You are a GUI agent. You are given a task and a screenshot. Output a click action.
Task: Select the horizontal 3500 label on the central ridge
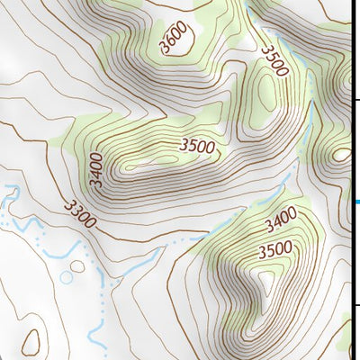tap(197, 145)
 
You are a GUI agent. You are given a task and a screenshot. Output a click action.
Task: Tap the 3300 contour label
tap(80, 212)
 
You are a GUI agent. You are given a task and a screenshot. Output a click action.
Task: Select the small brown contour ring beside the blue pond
tap(78, 266)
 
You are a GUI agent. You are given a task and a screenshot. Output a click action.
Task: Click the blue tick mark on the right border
tap(356, 202)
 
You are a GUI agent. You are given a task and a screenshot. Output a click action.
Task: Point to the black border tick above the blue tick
tap(356, 100)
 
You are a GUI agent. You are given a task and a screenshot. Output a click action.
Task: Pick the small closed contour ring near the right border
tap(341, 154)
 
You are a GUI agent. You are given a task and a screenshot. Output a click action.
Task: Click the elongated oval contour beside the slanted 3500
tap(267, 90)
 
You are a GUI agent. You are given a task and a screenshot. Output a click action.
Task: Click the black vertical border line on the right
tap(352, 180)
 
